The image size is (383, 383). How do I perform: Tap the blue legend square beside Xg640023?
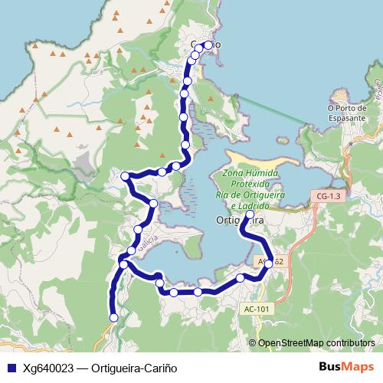coord(11,366)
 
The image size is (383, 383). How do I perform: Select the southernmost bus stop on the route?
coord(114,317)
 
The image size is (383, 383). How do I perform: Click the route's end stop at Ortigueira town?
coord(250,214)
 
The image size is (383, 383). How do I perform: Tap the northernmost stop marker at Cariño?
coord(208,45)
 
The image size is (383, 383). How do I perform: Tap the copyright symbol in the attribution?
coord(252,342)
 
